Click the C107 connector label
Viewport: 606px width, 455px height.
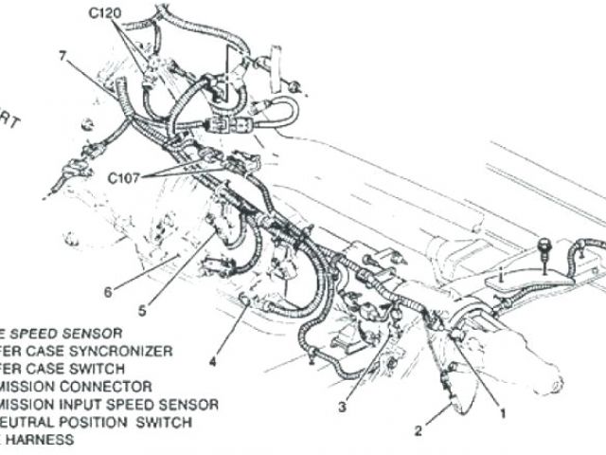(123, 176)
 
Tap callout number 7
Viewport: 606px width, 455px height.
(62, 57)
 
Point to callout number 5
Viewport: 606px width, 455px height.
(141, 309)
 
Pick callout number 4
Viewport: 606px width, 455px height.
(213, 360)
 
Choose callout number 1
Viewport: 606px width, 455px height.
(503, 413)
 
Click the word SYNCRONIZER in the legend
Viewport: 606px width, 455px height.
(127, 351)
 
